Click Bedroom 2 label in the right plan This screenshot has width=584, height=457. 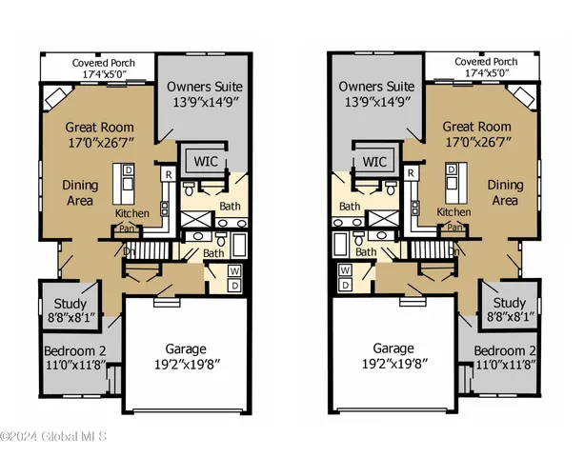tap(507, 348)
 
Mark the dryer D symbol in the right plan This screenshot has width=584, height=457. tap(346, 284)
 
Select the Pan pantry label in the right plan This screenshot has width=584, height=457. tap(454, 228)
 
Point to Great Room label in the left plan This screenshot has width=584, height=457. tap(98, 126)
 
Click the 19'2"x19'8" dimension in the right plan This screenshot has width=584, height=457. tap(398, 363)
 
